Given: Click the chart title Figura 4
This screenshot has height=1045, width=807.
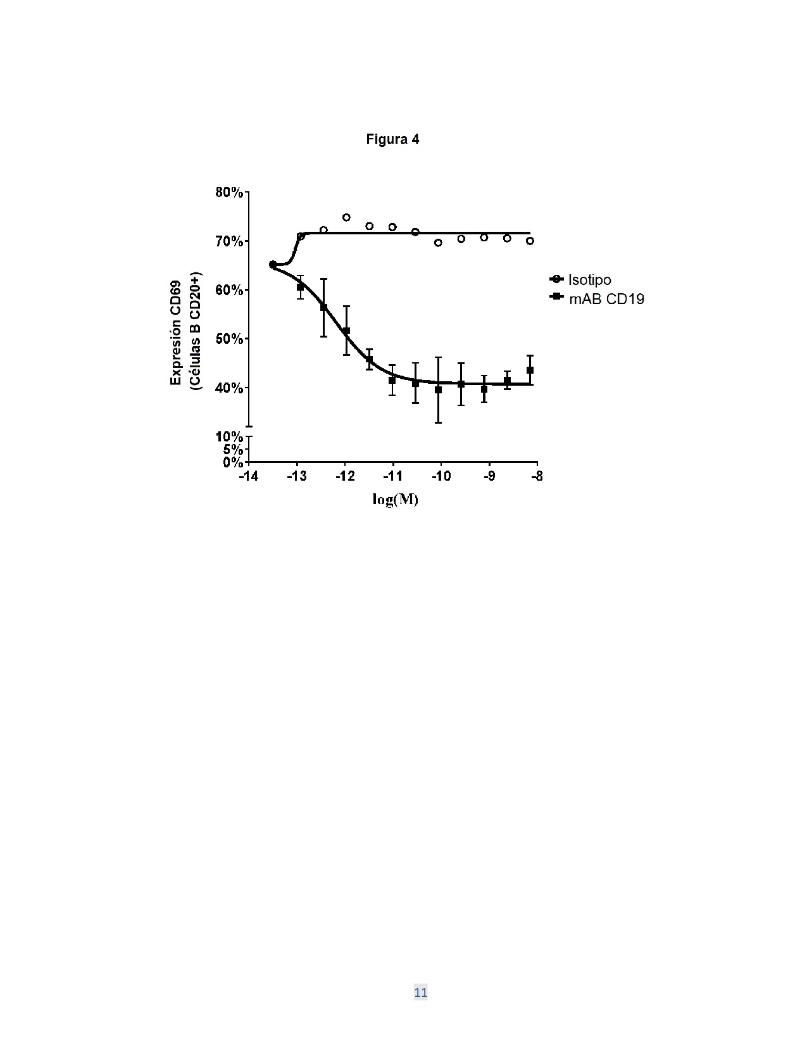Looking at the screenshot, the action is [392, 139].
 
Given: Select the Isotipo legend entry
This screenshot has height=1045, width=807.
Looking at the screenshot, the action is [580, 279].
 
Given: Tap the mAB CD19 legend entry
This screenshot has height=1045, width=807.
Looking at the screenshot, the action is [596, 299].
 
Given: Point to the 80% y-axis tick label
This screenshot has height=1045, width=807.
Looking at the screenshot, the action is [228, 193].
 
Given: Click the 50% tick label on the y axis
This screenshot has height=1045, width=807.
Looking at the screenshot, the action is [228, 339].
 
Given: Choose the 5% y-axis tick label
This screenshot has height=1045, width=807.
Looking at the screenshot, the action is [232, 450].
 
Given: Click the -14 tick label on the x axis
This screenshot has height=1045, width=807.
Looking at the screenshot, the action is [249, 476].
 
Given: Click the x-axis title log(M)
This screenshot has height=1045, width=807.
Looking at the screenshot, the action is [395, 500].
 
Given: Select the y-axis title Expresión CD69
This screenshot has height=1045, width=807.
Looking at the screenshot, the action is [176, 332].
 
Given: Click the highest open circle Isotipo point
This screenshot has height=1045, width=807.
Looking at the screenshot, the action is [346, 217].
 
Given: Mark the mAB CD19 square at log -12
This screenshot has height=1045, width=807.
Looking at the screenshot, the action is [346, 331].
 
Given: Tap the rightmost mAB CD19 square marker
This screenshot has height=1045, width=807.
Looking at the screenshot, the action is [530, 370].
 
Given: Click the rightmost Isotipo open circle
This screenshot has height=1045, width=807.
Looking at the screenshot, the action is [530, 241].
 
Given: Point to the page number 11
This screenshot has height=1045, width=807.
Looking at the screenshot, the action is [420, 992].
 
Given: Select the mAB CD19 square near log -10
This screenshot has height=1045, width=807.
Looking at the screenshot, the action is [438, 390].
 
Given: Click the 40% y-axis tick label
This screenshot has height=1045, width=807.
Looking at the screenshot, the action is [228, 388].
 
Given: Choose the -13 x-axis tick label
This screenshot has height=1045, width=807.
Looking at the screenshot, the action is [297, 476].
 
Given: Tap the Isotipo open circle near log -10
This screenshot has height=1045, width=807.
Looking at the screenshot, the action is [438, 243].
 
